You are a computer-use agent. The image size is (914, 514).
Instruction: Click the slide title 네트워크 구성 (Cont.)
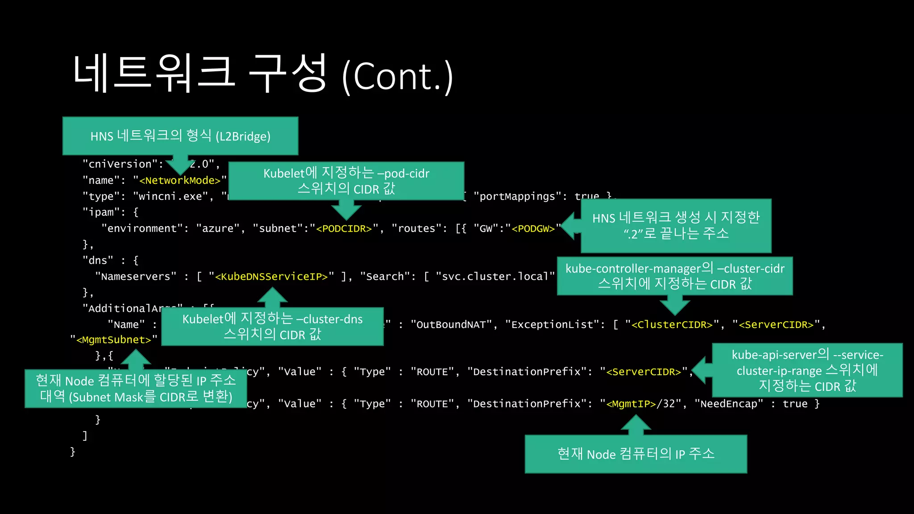[263, 74]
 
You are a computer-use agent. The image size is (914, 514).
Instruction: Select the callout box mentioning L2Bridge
[180, 136]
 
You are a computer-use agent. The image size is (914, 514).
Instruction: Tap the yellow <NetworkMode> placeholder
[180, 181]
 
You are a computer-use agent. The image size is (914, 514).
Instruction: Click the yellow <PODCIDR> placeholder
[344, 229]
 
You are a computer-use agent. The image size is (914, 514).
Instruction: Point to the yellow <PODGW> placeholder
[533, 229]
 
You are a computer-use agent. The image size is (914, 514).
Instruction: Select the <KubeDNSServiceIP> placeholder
[271, 277]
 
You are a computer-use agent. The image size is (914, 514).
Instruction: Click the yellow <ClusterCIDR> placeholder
[672, 325]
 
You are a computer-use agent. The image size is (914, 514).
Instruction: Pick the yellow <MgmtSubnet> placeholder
[114, 340]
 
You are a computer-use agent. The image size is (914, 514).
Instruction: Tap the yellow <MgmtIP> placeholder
[631, 404]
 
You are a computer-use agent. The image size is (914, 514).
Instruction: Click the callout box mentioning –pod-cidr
[346, 181]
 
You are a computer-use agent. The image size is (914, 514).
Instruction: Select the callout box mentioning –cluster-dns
[272, 327]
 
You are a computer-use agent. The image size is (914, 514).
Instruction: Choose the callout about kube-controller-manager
[675, 276]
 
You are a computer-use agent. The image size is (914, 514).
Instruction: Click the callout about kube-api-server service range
[807, 370]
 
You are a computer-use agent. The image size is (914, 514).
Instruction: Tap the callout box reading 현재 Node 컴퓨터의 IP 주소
[636, 454]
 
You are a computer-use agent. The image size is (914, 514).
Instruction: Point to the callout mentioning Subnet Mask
[136, 389]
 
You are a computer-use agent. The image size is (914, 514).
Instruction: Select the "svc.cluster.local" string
[495, 277]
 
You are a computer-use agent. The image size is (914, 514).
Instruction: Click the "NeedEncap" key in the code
[729, 404]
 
